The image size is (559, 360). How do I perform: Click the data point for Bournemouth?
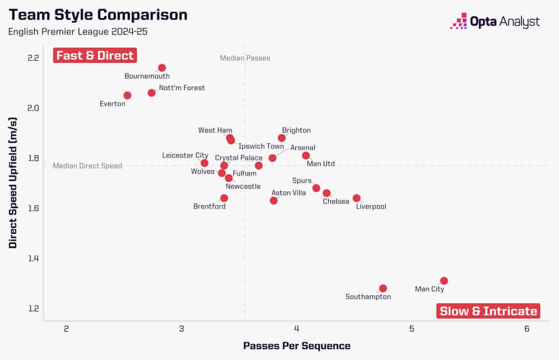[x=162, y=68]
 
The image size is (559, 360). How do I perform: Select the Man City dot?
[x=444, y=281]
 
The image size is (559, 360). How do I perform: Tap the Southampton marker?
[x=383, y=288]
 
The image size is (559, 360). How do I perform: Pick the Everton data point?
[x=128, y=95]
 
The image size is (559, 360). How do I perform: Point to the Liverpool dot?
[x=357, y=198]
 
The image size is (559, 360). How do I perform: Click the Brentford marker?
[x=224, y=198]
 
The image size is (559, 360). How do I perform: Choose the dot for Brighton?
[x=282, y=138]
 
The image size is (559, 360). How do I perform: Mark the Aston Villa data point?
[x=274, y=200]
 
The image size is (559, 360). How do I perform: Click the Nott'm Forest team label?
[x=182, y=88]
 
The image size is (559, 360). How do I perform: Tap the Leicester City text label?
[x=185, y=155]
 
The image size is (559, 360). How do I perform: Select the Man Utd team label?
[x=321, y=164]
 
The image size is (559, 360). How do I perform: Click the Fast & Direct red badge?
[x=95, y=55]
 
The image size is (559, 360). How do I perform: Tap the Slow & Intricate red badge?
[x=488, y=311]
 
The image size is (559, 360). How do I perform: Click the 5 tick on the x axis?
[x=412, y=329]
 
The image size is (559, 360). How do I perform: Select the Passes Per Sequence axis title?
[x=297, y=346]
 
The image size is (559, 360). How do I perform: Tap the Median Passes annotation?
[x=245, y=58]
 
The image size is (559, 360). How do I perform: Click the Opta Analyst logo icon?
[x=458, y=21]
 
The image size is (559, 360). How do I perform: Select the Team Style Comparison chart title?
[x=98, y=15]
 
